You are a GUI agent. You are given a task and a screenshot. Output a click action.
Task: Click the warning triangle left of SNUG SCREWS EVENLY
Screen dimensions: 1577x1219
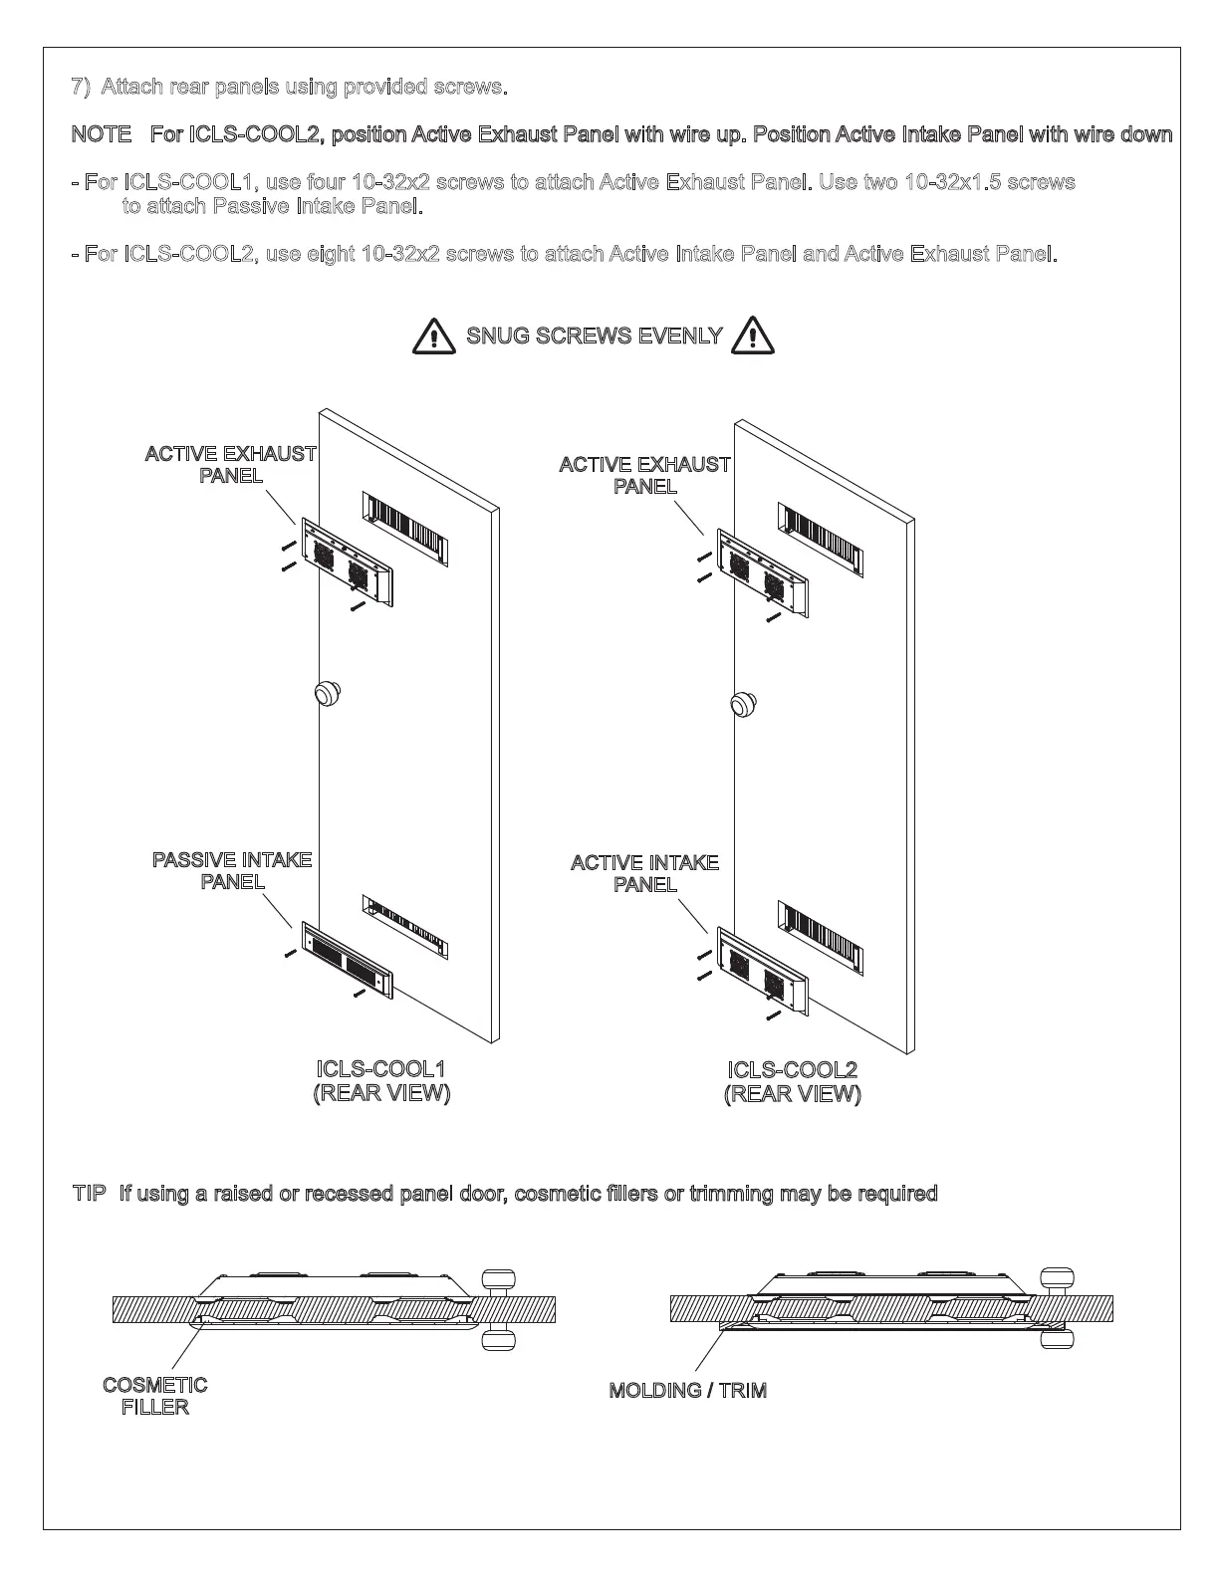432,336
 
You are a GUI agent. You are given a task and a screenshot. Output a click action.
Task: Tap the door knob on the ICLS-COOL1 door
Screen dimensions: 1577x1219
327,693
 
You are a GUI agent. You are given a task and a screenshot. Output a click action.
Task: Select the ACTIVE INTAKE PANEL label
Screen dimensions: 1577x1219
644,873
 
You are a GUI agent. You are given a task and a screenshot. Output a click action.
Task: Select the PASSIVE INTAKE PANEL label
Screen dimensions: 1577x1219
232,870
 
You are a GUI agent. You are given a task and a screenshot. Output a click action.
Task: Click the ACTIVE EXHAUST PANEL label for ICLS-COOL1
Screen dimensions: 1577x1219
230,464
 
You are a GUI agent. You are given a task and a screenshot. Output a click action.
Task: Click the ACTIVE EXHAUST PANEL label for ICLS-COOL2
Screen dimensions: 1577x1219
644,475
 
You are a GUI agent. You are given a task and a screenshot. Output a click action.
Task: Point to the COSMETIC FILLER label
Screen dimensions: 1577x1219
155,1396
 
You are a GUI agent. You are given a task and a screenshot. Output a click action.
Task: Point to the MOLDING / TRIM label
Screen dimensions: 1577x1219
687,1391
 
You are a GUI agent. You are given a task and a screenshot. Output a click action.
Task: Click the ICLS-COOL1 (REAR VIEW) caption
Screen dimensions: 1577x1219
381,1080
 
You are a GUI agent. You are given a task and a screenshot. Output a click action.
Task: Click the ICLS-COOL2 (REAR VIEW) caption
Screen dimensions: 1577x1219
793,1081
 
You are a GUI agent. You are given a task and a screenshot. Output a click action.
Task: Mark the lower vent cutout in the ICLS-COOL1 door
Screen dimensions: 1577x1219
405,928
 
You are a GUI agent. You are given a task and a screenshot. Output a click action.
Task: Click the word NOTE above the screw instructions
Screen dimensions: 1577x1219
102,134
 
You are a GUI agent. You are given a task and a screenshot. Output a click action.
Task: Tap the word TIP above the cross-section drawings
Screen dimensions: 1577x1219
89,1193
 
